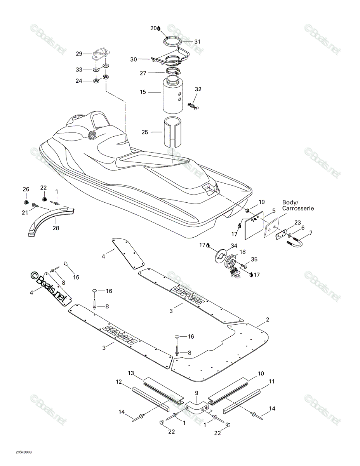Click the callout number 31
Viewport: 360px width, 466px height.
[197, 42]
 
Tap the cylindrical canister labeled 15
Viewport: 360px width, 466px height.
[173, 96]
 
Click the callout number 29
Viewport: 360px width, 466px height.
[79, 54]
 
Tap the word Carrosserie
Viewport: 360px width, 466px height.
[298, 208]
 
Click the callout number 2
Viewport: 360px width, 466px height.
[267, 320]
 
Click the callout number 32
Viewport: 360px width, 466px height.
[198, 89]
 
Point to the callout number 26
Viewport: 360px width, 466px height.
[26, 190]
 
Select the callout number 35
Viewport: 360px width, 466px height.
[254, 259]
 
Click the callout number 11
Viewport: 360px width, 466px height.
[272, 381]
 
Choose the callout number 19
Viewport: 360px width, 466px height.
[262, 202]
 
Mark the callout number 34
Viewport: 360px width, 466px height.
[234, 246]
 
